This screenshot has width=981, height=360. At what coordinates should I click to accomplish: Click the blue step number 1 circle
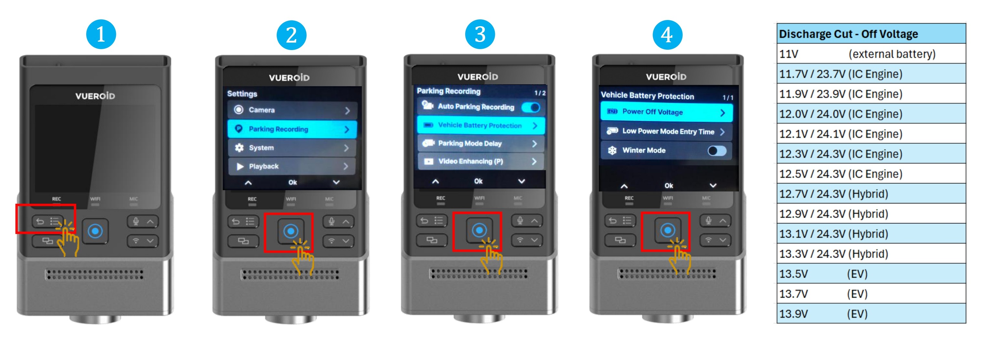point(101,34)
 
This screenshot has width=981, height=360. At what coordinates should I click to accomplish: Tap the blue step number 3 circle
point(480,34)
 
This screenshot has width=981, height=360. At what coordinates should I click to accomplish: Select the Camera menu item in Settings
point(292,110)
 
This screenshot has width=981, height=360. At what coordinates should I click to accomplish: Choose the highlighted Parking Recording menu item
point(292,129)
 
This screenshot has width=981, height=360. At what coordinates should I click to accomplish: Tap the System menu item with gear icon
point(292,148)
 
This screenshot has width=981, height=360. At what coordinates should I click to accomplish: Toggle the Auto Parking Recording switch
point(531,108)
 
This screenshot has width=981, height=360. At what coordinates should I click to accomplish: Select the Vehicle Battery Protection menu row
point(481,125)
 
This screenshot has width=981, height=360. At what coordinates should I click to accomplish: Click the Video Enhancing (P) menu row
point(481,161)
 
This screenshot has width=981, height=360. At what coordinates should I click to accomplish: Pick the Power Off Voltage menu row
point(667,112)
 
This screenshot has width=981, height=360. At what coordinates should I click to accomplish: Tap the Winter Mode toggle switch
point(717,151)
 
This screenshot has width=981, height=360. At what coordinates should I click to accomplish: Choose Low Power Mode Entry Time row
point(667,131)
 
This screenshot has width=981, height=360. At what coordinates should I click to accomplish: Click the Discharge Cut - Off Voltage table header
point(871,34)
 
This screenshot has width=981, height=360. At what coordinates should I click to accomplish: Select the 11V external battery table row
point(871,54)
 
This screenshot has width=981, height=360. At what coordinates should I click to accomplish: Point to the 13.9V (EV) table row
point(871,314)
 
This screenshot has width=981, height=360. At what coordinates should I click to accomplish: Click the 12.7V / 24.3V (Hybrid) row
point(871,193)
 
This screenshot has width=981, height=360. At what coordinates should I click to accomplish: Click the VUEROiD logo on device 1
point(95,96)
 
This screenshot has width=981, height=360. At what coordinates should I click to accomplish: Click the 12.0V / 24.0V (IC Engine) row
point(871,114)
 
